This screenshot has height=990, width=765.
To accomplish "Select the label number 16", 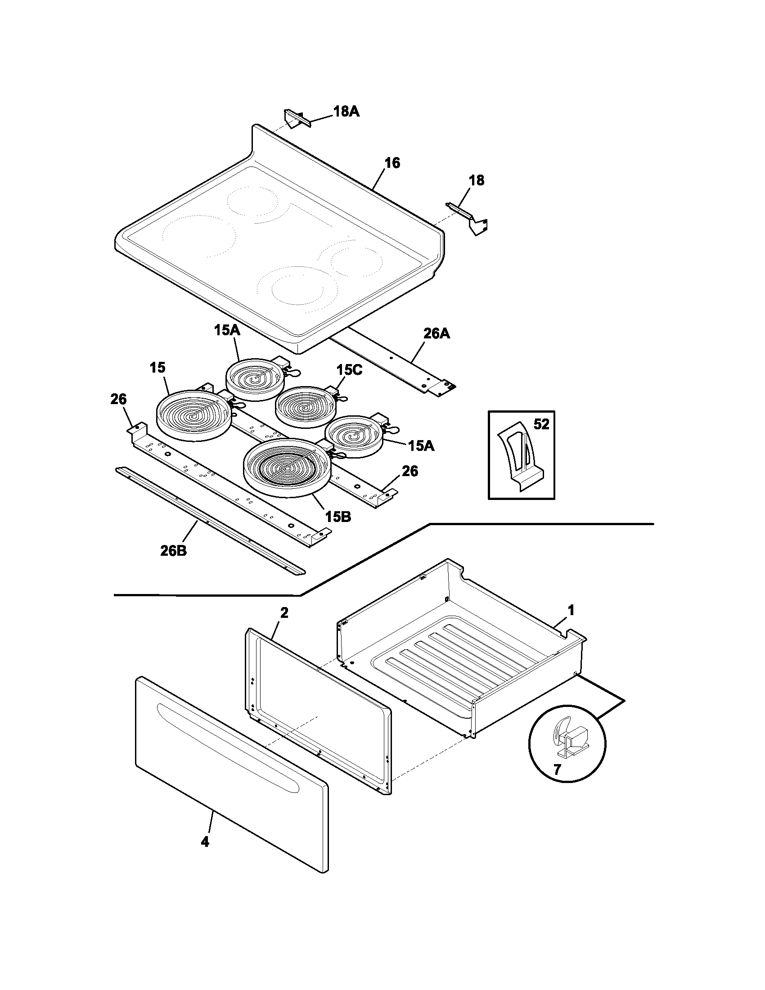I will point(392,163).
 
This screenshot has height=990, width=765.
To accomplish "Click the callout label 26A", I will point(436,334).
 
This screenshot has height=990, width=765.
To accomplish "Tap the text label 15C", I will point(349,370).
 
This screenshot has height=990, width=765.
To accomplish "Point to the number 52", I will point(541,424).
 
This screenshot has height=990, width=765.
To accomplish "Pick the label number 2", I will point(284,613).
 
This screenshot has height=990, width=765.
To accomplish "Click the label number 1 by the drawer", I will point(571,611).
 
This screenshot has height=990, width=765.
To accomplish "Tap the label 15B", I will point(338,516).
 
